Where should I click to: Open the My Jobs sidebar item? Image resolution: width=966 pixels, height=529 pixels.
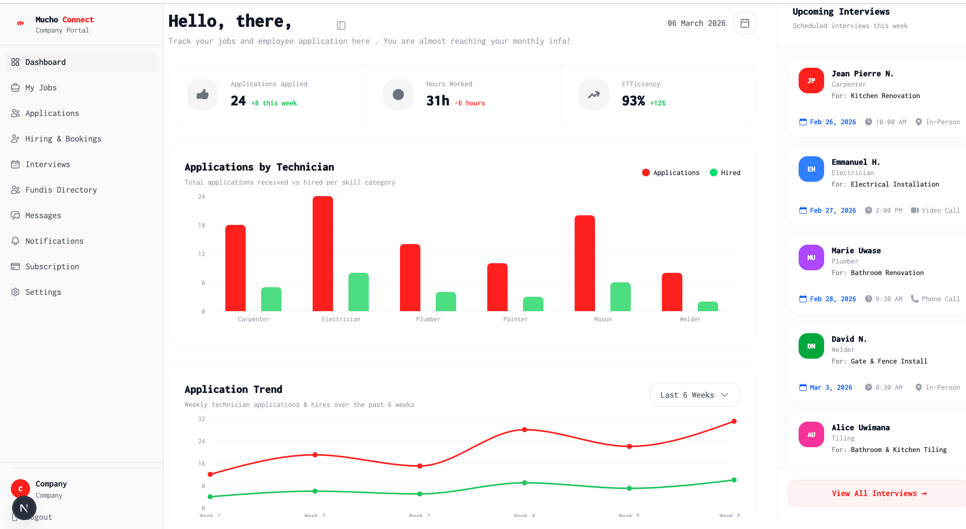tap(41, 88)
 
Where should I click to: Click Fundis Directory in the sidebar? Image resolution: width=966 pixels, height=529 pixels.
tap(61, 190)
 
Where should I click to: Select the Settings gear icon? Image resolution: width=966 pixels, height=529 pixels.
tap(15, 292)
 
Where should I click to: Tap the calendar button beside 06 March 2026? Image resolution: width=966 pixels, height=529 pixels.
tap(744, 23)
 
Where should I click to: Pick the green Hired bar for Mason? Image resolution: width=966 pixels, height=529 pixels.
tap(620, 297)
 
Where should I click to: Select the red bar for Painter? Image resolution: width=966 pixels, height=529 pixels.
tap(497, 287)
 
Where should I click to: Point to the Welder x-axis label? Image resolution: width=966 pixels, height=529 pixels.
tap(690, 319)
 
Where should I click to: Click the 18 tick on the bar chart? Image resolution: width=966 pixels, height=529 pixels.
tap(201, 225)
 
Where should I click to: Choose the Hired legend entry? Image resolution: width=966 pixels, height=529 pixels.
tap(725, 173)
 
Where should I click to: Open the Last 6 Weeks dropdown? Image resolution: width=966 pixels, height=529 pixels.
tap(694, 395)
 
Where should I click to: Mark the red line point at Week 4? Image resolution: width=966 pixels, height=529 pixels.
tap(524, 430)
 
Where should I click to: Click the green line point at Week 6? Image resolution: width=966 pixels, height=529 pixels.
tap(734, 480)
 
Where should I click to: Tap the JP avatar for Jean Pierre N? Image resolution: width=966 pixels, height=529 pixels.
tap(811, 80)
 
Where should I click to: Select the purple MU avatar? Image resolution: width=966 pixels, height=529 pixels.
tap(811, 257)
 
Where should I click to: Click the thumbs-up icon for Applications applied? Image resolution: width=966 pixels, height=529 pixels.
tap(203, 95)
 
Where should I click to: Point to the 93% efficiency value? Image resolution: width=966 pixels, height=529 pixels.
tap(633, 101)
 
